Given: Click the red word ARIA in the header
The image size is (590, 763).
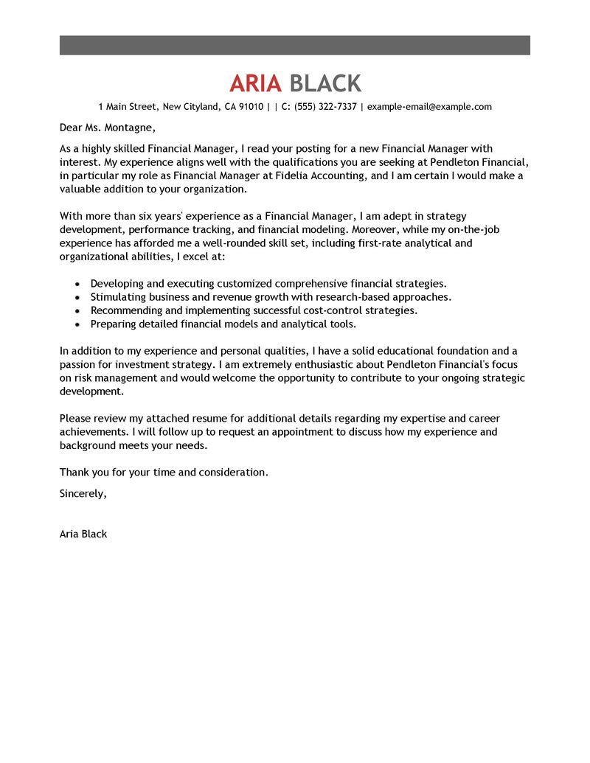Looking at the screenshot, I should click(255, 83).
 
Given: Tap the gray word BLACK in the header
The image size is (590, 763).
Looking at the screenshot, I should click(325, 83).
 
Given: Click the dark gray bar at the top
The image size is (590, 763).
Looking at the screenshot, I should click(295, 45).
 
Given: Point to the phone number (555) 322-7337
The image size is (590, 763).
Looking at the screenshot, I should click(325, 107).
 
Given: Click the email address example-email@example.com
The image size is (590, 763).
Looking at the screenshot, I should click(429, 107).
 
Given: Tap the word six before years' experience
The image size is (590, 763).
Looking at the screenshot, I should click(145, 216).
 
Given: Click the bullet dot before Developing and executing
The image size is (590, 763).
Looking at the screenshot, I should click(77, 284).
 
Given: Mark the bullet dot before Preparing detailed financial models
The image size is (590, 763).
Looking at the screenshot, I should click(77, 324).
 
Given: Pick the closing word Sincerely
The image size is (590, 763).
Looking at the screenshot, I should click(83, 494).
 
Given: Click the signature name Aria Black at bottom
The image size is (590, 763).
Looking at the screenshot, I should click(83, 534).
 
